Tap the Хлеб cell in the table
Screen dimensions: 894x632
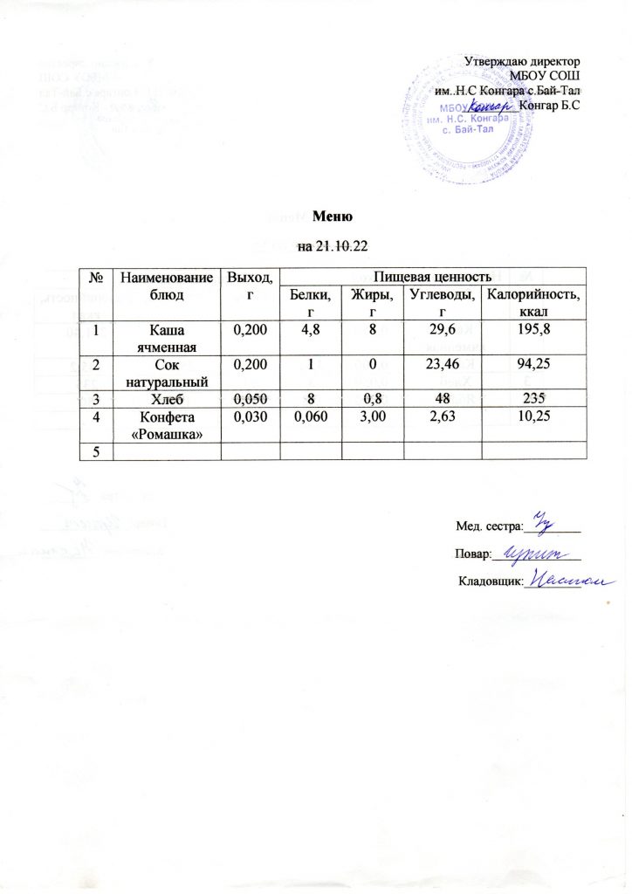coord(166,400)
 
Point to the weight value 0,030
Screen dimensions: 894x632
coord(247,421)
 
